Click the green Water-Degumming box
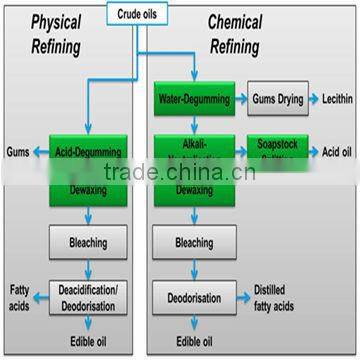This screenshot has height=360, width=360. [x=194, y=99]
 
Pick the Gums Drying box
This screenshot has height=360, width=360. [x=279, y=99]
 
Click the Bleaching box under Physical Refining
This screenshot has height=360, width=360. [x=86, y=241]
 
